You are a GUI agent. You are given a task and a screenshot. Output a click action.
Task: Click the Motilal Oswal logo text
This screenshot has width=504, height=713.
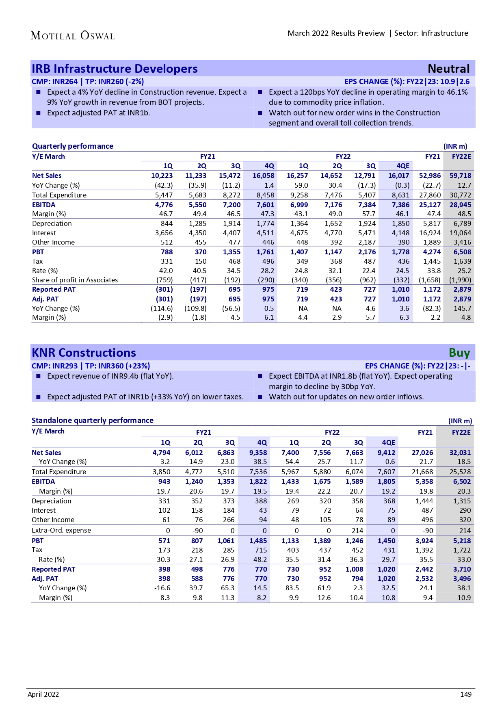click(73, 36)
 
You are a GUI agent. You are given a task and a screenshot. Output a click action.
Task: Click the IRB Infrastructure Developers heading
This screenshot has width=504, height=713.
click(115, 69)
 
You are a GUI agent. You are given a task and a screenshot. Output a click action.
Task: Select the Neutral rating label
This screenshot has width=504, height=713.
click(448, 69)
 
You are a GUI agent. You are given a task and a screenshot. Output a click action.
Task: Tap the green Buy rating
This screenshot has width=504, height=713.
click(459, 353)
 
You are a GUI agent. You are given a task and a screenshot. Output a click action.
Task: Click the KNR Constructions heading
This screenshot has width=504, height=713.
click(84, 353)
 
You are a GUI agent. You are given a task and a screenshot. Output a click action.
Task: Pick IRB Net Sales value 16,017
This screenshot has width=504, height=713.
click(398, 176)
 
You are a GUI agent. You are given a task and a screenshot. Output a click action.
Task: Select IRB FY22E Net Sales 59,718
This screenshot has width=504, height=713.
click(460, 176)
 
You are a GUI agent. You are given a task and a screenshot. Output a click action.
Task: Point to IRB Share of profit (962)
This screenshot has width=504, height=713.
click(367, 280)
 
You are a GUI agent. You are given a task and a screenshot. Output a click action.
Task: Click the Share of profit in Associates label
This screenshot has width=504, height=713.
click(75, 280)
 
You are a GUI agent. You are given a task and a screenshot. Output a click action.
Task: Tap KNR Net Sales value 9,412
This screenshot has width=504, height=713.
click(386, 453)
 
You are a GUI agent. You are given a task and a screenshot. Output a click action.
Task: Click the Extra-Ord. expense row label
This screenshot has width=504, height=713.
click(61, 530)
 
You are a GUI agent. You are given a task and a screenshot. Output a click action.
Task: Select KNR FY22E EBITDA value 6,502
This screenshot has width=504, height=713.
click(462, 481)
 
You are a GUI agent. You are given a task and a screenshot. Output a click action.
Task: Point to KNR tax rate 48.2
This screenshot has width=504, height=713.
click(260, 559)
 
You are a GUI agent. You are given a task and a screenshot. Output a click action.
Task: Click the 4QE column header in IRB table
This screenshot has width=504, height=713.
click(402, 166)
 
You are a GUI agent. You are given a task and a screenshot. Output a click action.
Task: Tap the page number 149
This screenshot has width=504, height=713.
click(465, 694)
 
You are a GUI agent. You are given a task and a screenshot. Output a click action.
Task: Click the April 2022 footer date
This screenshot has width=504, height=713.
click(43, 694)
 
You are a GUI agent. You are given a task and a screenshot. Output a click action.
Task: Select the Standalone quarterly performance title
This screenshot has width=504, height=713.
click(93, 420)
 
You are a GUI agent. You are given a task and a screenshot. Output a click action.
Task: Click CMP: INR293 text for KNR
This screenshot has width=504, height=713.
click(54, 366)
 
